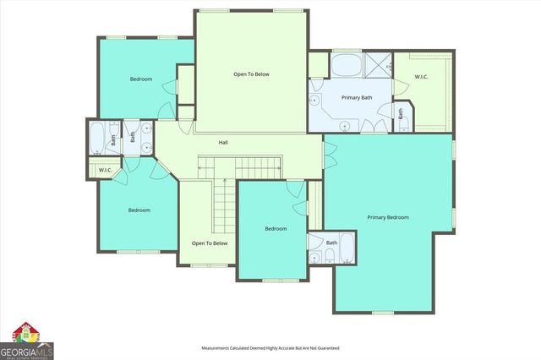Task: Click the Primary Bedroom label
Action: [x=388, y=217]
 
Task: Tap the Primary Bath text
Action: [x=357, y=98]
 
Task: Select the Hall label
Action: [x=223, y=142]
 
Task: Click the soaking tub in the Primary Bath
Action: [x=346, y=65]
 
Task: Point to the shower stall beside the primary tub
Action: [x=378, y=64]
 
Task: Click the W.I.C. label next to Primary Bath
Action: [x=421, y=78]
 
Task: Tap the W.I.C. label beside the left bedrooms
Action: [x=106, y=171]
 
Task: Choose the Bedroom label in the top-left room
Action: [x=140, y=79]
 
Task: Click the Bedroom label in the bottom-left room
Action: [x=139, y=210]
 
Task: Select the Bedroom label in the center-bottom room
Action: [x=276, y=228]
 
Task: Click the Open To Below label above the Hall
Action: [x=251, y=74]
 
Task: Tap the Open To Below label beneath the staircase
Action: [x=209, y=243]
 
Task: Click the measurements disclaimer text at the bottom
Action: [x=270, y=348]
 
